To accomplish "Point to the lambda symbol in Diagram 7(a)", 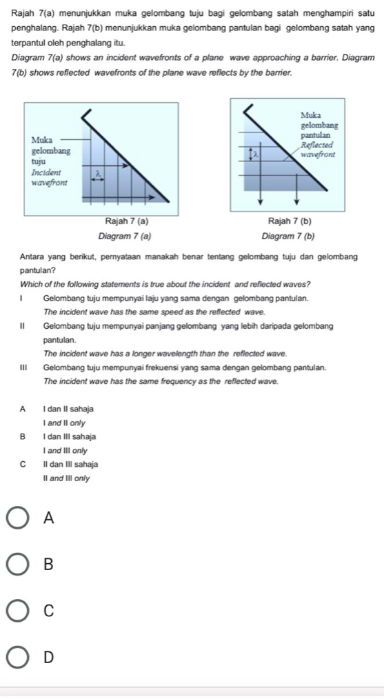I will [x=99, y=175].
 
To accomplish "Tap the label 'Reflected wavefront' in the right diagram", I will [x=317, y=150].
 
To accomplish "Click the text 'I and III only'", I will [x=65, y=451].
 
